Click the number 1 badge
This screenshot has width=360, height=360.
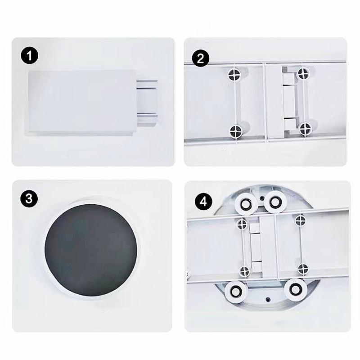click(x=30, y=55)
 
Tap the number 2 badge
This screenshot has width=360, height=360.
click(x=200, y=58)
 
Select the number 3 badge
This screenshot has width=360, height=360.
click(x=29, y=198)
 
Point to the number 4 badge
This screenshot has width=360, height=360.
click(x=204, y=202)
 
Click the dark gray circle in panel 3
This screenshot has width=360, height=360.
click(x=91, y=250)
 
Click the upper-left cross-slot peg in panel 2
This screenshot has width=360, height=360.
click(x=234, y=74)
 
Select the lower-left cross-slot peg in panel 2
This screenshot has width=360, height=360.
click(x=236, y=131)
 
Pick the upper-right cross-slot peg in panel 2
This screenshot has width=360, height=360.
click(x=303, y=73)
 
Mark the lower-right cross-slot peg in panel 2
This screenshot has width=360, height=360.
click(x=306, y=129)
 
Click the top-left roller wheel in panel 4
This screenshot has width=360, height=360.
click(x=246, y=203)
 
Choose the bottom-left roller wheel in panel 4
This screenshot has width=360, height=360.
click(x=235, y=291)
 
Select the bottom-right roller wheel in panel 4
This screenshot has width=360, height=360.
click(x=296, y=289)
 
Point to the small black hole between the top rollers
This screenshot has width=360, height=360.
click(x=261, y=198)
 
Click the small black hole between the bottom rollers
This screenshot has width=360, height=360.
click(x=268, y=299)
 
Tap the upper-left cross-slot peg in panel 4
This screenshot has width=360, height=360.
click(x=241, y=223)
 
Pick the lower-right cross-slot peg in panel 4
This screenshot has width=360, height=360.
click(x=302, y=268)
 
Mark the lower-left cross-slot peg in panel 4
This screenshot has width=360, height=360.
click(x=244, y=272)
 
